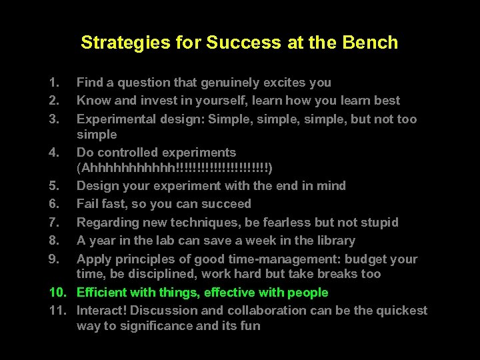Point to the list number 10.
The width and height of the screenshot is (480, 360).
click(x=57, y=292)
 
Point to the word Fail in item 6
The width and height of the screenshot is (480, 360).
click(x=89, y=204)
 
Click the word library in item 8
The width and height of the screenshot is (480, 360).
click(x=334, y=240)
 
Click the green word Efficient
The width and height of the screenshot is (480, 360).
click(x=102, y=292)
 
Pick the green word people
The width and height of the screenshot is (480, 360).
click(x=307, y=292)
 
